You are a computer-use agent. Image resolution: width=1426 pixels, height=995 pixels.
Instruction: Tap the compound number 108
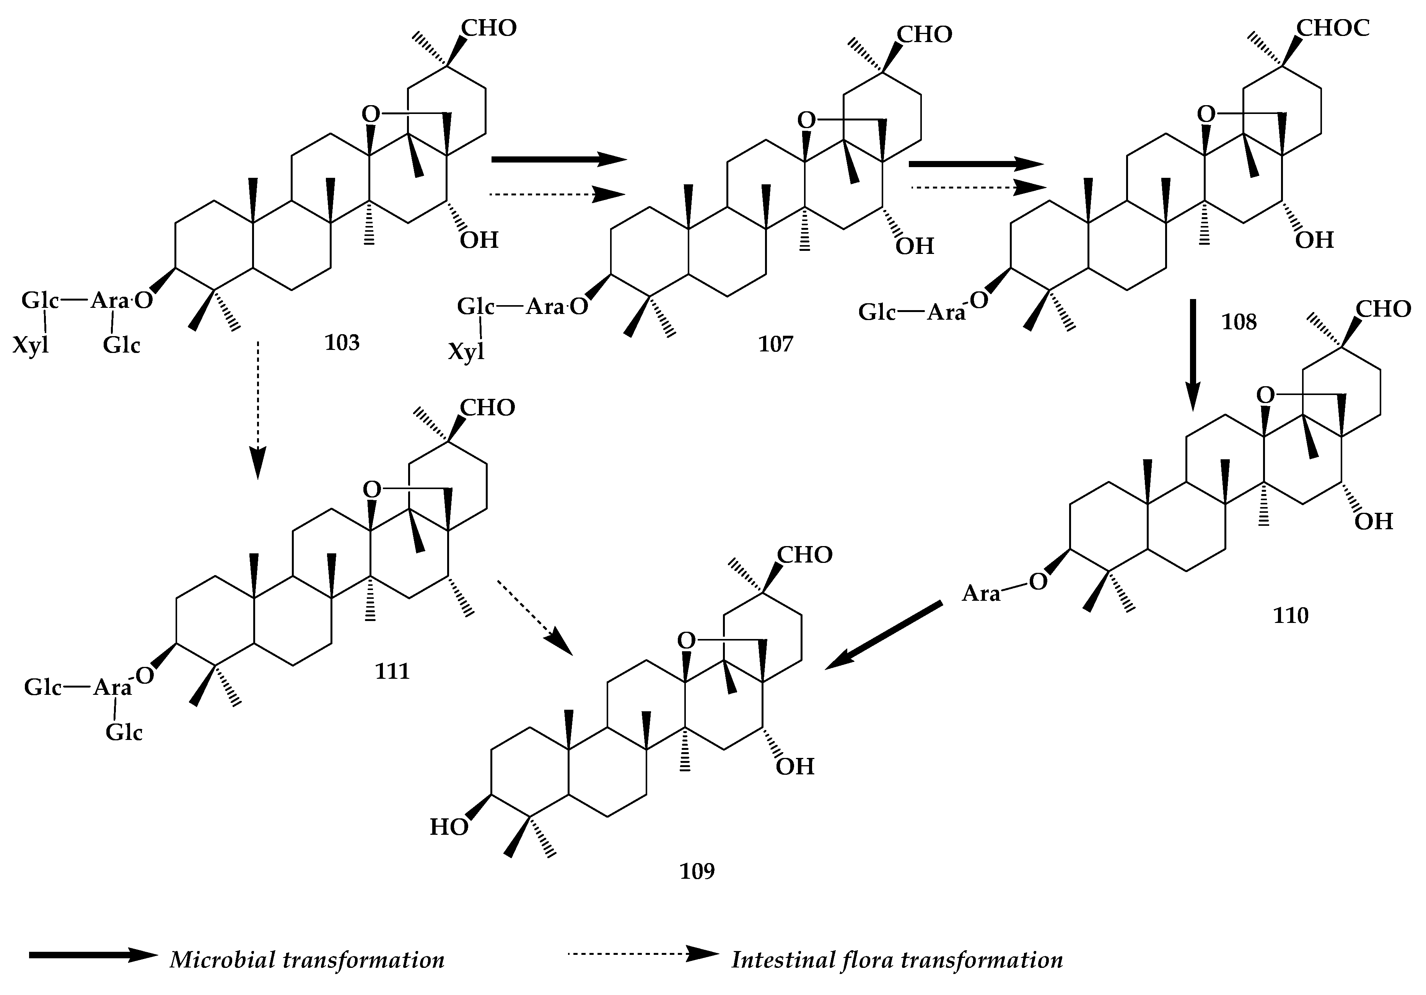(1239, 322)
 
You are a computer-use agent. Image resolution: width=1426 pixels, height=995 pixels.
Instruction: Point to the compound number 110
(1291, 615)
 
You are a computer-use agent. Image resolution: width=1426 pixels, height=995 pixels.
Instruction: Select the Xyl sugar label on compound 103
(31, 345)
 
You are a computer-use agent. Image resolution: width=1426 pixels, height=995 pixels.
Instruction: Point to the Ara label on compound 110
(981, 594)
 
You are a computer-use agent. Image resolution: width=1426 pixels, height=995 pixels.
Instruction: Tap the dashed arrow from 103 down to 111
(258, 410)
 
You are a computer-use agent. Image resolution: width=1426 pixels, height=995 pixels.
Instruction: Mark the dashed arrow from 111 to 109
(534, 617)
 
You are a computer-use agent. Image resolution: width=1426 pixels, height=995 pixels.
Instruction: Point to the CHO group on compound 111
(488, 408)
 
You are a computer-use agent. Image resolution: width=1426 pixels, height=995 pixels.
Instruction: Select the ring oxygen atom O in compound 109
(686, 640)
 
